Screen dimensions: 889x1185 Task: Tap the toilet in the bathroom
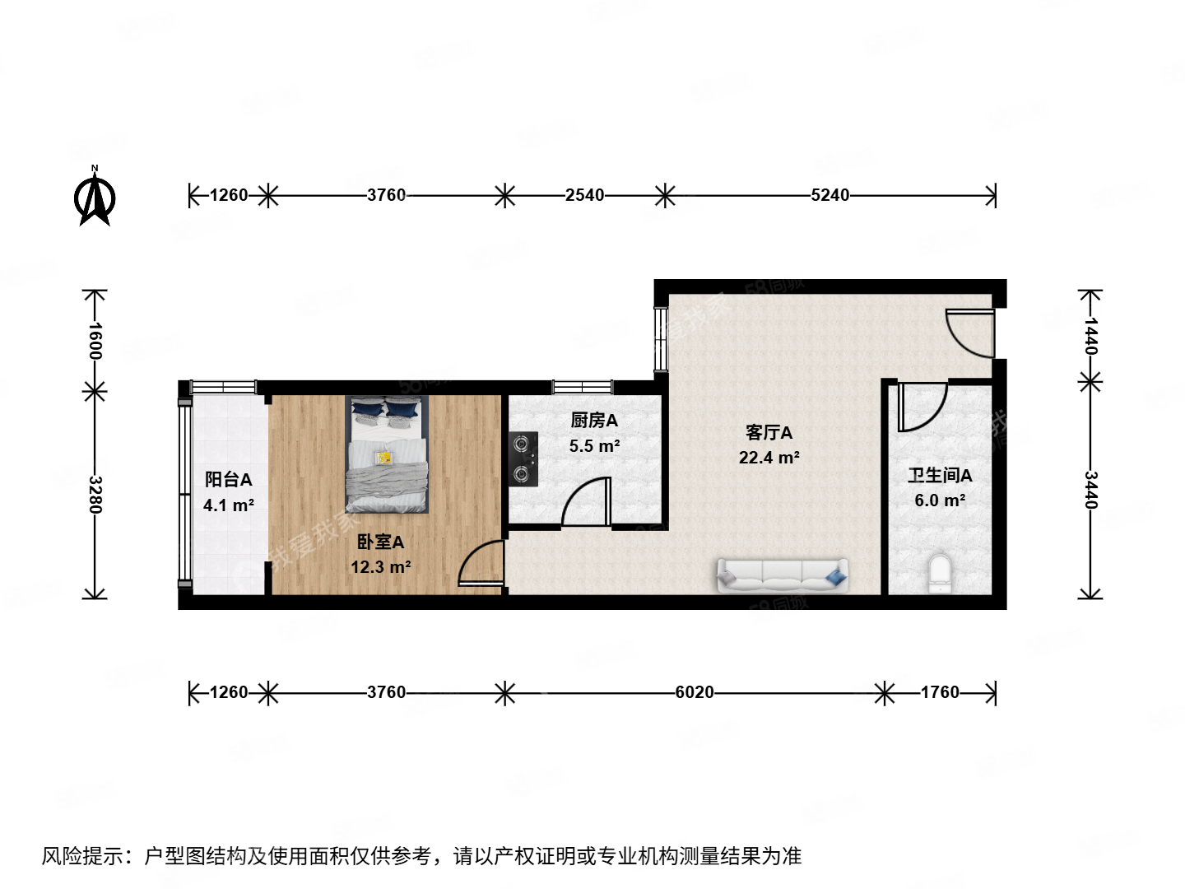click(x=939, y=574)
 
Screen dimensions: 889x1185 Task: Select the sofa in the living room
click(x=782, y=575)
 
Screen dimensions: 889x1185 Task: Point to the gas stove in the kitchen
click(x=522, y=458)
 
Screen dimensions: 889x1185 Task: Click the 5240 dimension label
click(x=829, y=195)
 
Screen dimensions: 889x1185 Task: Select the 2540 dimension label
click(x=584, y=195)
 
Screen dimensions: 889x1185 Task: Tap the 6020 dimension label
click(x=695, y=692)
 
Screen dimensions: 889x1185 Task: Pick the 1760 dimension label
click(x=940, y=692)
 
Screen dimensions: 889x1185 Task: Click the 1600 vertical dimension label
click(x=95, y=340)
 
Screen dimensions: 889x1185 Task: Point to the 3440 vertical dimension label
click(x=1090, y=490)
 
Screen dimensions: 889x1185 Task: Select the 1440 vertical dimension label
click(x=1090, y=335)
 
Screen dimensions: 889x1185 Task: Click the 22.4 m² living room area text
click(x=769, y=458)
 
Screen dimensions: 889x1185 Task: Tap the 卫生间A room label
click(x=940, y=475)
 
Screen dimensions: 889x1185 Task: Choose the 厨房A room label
click(x=594, y=421)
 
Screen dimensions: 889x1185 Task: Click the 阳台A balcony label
click(x=228, y=479)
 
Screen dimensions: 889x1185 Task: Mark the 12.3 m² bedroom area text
click(x=380, y=567)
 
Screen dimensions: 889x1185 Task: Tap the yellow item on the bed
click(x=384, y=457)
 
